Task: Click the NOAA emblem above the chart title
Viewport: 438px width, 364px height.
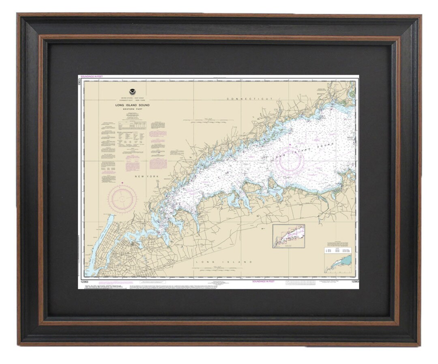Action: click(132, 92)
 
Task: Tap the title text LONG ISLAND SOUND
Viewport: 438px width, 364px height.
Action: click(132, 105)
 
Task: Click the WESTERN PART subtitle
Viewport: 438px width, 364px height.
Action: click(132, 109)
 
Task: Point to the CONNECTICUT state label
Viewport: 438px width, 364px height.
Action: click(250, 99)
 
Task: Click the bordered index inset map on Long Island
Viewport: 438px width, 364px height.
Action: click(288, 236)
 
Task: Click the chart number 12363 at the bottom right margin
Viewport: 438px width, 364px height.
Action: click(354, 281)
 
